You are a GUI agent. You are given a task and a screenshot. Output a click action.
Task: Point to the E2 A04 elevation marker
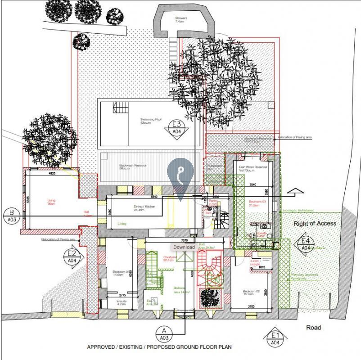pyautogui.click(x=70, y=256)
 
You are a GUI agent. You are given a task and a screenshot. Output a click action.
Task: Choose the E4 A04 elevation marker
pyautogui.click(x=306, y=243)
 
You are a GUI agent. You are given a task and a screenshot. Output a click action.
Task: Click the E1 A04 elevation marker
pyautogui.click(x=275, y=338)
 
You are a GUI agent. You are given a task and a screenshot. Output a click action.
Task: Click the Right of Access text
pyautogui.click(x=315, y=223)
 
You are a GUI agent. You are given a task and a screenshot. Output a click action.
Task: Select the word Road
pyautogui.click(x=313, y=328)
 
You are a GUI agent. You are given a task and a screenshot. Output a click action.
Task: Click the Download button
pyautogui.click(x=184, y=247)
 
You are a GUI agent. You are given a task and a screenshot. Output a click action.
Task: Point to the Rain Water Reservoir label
pyautogui.click(x=253, y=168)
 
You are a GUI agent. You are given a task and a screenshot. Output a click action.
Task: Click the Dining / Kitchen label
pyautogui.click(x=145, y=207)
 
